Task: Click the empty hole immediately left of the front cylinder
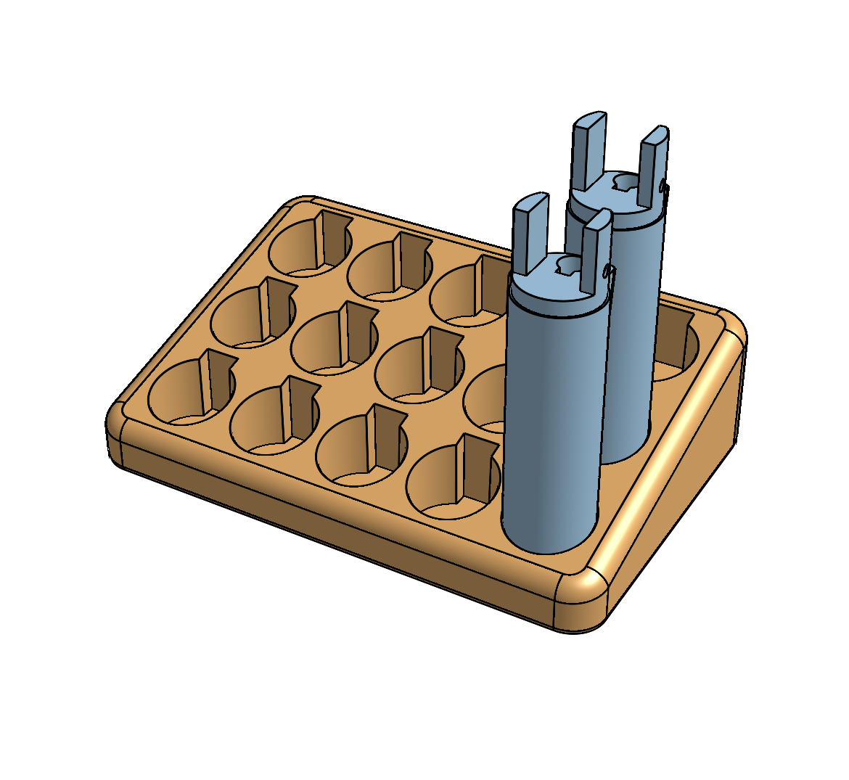pos(454,479)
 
